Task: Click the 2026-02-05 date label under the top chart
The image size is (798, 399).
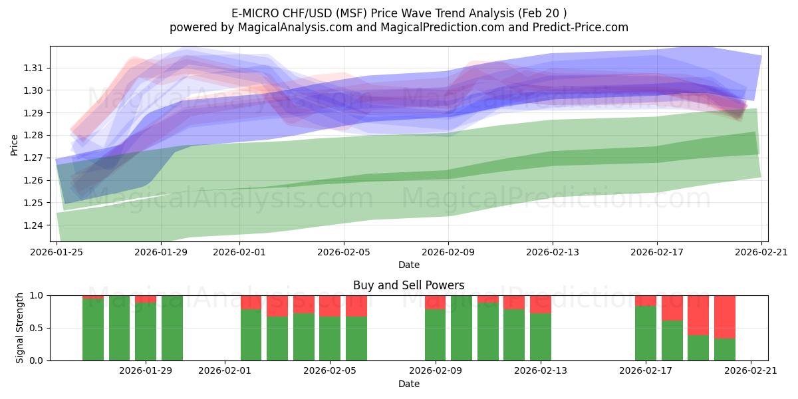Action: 343,252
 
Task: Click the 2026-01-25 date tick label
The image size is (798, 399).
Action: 57,252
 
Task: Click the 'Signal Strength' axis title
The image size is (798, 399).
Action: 20,328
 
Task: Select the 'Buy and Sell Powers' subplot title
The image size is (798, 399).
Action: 408,285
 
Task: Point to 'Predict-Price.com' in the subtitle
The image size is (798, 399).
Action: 576,27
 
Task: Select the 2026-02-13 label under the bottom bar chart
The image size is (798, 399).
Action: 540,371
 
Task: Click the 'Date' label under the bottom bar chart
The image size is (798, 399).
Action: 408,384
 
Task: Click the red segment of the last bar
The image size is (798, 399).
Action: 724,317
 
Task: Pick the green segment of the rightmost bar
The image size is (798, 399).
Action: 724,350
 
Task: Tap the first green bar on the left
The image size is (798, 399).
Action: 93,330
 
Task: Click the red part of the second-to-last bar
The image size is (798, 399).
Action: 698,315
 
